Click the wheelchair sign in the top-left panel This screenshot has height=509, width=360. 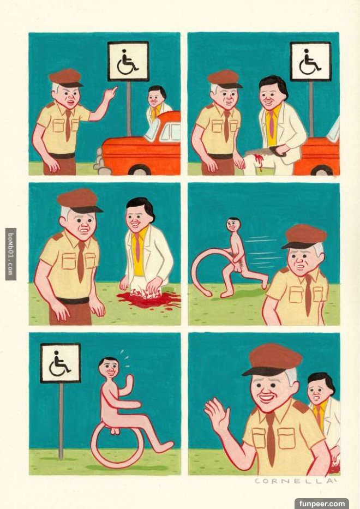click(128, 61)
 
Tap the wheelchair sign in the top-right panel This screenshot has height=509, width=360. click(311, 61)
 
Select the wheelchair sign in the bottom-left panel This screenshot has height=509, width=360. click(61, 363)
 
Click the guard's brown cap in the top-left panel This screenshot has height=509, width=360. click(66, 78)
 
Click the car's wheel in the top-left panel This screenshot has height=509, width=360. click(140, 170)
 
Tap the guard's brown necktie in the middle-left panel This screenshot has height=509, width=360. click(80, 261)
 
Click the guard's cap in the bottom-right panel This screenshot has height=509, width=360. click(272, 360)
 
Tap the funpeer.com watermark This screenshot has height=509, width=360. click(322, 504)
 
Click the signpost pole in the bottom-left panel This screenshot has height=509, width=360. click(61, 421)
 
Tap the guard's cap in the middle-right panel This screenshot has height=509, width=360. click(304, 236)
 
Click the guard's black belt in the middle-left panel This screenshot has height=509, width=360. click(73, 301)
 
